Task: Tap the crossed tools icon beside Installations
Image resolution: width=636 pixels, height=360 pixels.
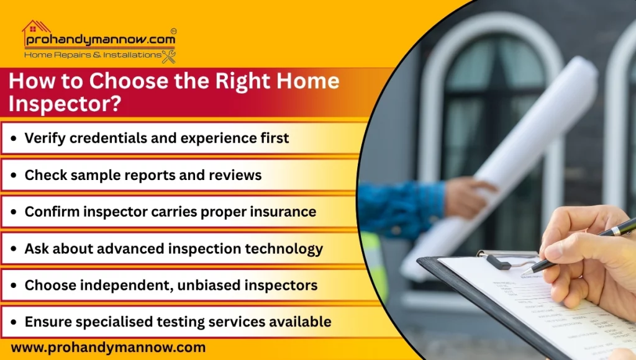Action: (x=169, y=56)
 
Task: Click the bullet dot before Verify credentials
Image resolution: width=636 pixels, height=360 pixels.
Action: (x=14, y=138)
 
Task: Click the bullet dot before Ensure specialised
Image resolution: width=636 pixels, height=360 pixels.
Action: (x=14, y=322)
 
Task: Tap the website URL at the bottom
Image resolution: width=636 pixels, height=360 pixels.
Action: (x=108, y=348)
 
